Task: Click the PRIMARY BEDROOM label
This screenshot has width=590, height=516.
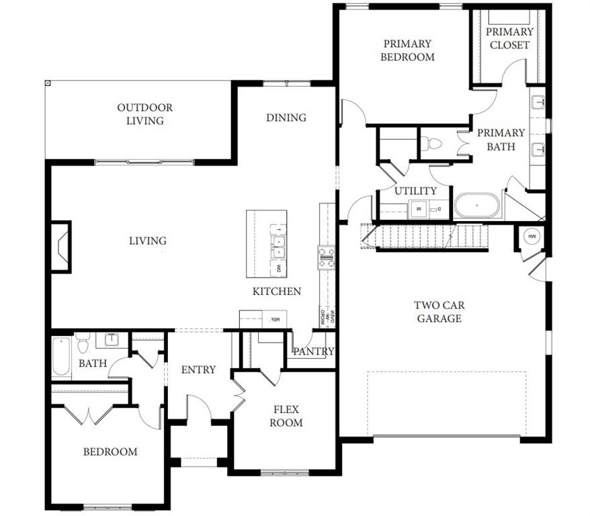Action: (407, 50)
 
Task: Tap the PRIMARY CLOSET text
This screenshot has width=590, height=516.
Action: (509, 38)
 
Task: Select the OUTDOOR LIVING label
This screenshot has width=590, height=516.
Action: (144, 114)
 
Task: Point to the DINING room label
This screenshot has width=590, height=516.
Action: (286, 118)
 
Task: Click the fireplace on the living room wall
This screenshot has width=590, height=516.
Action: (60, 247)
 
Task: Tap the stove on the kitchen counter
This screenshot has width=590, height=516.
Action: (327, 257)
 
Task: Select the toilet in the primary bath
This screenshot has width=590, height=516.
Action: (433, 143)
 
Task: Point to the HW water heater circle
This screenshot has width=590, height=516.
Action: (532, 236)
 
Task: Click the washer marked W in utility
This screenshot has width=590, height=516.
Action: (419, 208)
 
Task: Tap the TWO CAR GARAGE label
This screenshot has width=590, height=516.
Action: (439, 312)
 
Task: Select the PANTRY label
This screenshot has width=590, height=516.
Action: (313, 351)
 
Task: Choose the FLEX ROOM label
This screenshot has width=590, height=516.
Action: (286, 416)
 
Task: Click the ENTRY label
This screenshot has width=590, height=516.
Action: (198, 370)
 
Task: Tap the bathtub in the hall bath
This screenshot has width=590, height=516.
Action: (61, 356)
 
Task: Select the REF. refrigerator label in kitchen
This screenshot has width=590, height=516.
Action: (275, 320)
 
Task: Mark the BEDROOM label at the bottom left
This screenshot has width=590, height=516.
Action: (110, 451)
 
